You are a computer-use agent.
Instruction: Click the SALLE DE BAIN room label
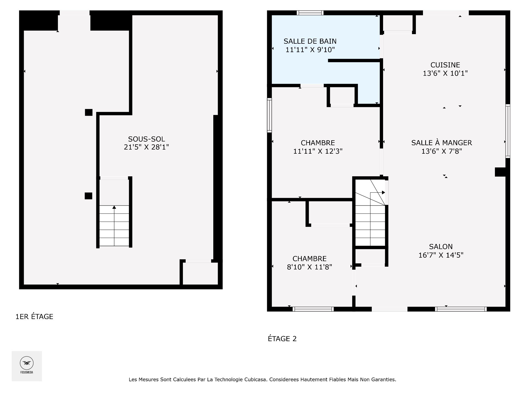coord(310,41)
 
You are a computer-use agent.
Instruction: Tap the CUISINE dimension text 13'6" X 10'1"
coord(445,73)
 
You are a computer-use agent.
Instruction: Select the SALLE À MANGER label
coord(441,143)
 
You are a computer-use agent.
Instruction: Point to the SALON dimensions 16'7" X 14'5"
coord(441,255)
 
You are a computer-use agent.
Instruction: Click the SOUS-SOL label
coord(147,139)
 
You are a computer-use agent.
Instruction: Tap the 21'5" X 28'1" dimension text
coord(147,147)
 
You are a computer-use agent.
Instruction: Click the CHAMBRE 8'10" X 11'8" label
coord(309,259)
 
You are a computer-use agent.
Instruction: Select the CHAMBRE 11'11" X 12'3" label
coord(318,143)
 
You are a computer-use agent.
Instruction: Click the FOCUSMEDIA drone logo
coord(27,363)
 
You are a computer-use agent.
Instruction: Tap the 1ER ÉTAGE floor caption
coord(34,317)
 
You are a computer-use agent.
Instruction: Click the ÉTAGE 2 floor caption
coord(282,339)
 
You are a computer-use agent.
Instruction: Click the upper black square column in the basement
coord(89,112)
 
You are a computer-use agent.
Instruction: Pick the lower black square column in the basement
coord(88,196)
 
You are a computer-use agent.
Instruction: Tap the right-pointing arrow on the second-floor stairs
coord(383,192)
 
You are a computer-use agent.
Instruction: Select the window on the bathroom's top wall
coord(310,13)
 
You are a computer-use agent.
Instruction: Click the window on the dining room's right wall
coord(508,131)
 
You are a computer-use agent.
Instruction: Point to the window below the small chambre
coord(313,309)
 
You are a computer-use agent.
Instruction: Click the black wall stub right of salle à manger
coord(500,172)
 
